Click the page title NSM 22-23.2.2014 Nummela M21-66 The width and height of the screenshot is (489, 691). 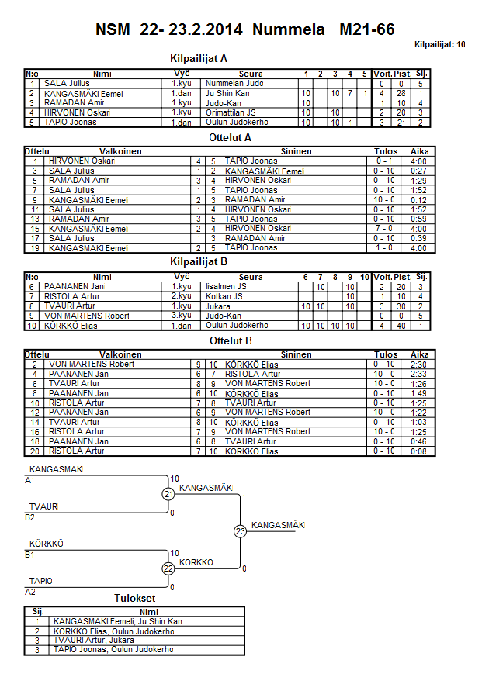244,30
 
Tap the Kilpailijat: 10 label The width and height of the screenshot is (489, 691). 440,45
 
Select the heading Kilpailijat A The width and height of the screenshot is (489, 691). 199,58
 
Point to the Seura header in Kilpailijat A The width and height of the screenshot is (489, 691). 251,74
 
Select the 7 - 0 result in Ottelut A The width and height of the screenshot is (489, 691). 385,229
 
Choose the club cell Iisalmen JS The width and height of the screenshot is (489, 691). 225,287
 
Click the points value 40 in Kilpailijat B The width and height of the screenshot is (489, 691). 402,326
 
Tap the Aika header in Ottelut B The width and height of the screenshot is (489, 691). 420,355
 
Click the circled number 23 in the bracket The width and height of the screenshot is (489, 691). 241,531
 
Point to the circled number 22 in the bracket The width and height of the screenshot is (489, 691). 168,568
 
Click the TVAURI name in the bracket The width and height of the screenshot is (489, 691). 43,506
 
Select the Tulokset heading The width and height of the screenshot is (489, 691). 135,599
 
